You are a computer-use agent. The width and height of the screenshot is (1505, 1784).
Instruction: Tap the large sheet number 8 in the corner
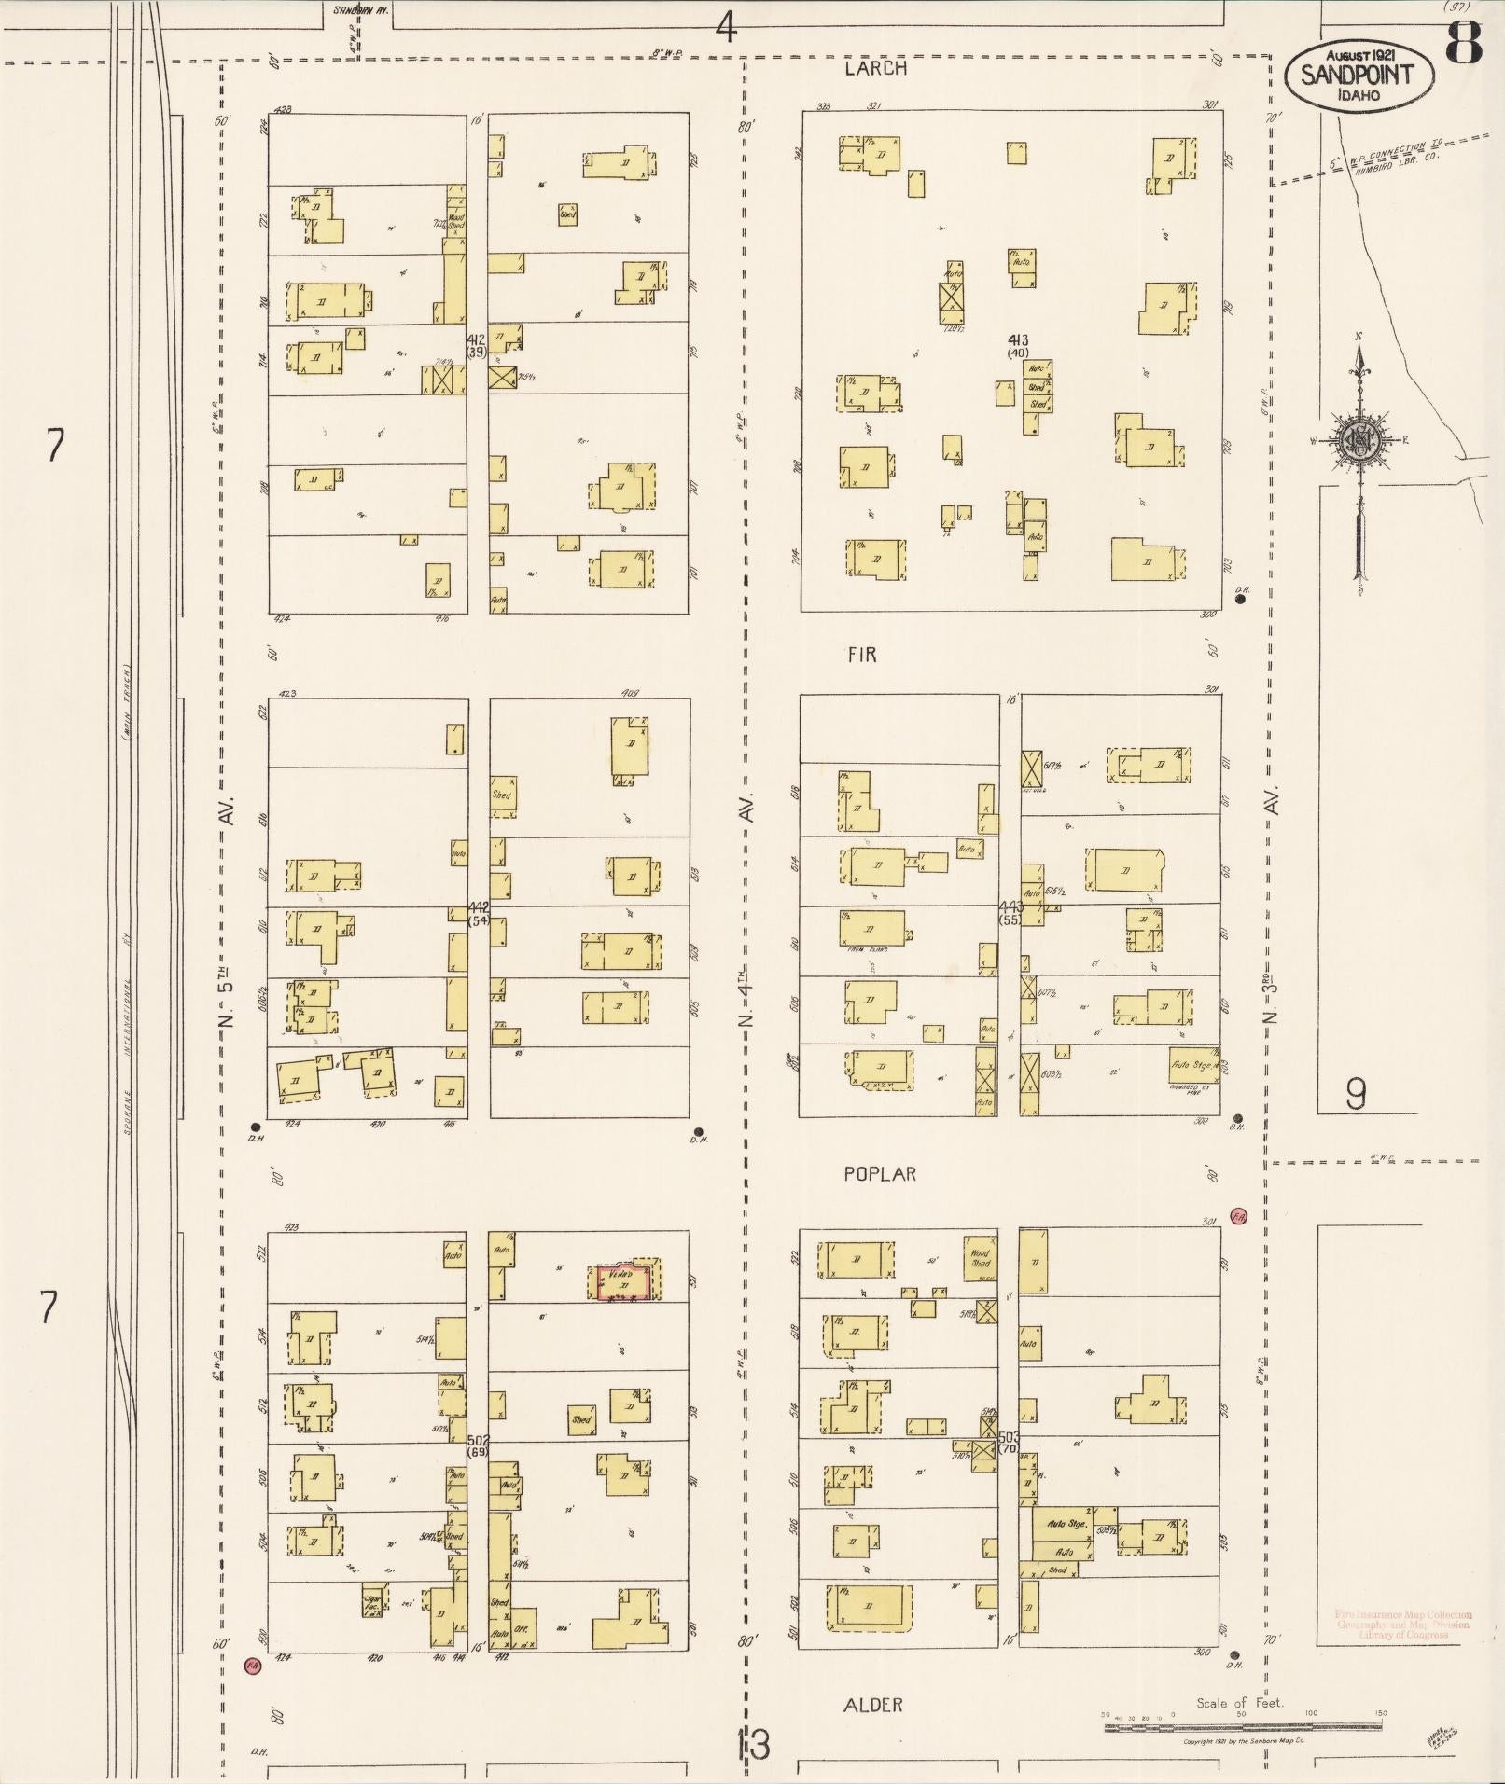[x=1465, y=43]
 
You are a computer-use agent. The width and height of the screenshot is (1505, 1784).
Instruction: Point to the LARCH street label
[x=875, y=68]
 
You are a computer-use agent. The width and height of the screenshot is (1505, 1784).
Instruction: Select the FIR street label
[x=862, y=655]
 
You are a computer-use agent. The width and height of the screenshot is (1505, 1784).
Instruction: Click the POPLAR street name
[x=880, y=1174]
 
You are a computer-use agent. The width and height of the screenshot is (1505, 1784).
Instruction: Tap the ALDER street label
[x=872, y=1705]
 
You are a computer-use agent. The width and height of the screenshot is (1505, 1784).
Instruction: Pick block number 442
[x=479, y=906]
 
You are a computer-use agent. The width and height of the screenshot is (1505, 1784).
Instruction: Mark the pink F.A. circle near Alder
[x=251, y=1665]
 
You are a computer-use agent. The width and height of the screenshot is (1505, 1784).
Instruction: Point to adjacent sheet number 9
[x=1356, y=1094]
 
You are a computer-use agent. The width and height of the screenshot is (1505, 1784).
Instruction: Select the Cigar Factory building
[x=373, y=1601]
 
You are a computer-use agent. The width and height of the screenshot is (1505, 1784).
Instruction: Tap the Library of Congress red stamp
[x=1402, y=1625]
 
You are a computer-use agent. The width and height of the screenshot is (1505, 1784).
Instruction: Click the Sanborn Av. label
[x=360, y=12]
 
